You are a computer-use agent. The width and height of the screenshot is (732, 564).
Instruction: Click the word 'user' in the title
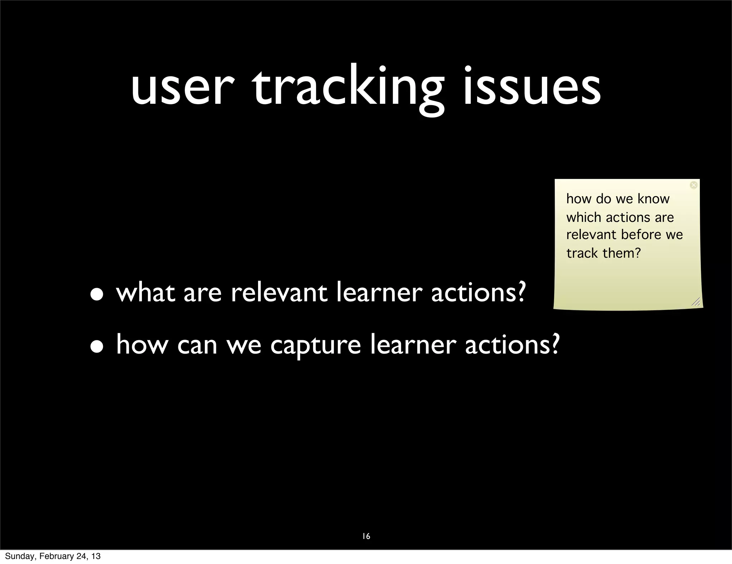pyautogui.click(x=183, y=89)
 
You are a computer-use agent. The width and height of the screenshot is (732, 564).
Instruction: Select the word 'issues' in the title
pyautogui.click(x=531, y=89)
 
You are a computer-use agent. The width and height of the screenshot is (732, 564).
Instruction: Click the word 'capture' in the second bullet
pyautogui.click(x=315, y=346)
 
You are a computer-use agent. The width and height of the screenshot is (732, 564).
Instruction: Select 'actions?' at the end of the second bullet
pyautogui.click(x=512, y=345)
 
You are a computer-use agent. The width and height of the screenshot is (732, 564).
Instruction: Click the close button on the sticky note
pyautogui.click(x=693, y=185)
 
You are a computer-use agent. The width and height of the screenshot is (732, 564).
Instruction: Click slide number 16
pyautogui.click(x=366, y=536)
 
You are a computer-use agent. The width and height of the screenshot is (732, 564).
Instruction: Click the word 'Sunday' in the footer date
pyautogui.click(x=20, y=556)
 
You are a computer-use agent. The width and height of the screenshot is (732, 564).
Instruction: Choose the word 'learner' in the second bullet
pyautogui.click(x=413, y=345)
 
